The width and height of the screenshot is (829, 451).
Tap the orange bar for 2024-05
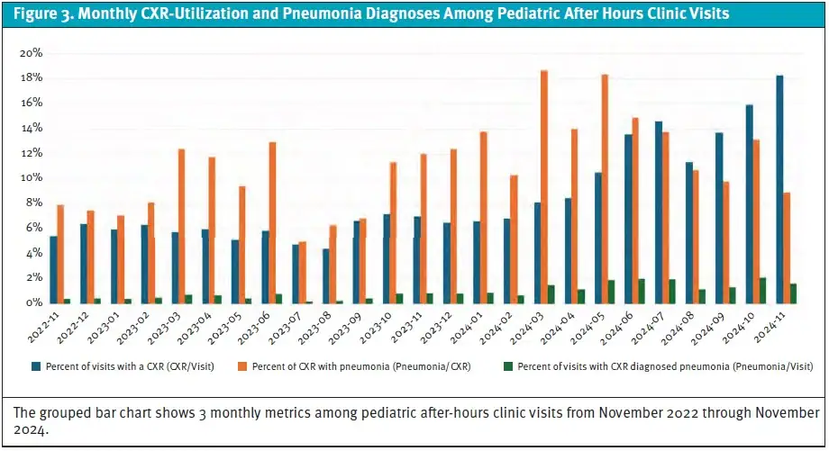coord(605,188)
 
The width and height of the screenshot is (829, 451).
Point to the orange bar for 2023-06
coord(272,222)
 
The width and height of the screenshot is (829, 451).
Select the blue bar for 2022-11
coord(53,269)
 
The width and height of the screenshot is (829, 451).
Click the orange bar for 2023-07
coord(303,272)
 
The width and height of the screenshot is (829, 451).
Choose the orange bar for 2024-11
coord(788,248)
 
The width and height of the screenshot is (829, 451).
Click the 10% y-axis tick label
coord(32,178)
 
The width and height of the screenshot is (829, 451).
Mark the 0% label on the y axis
coord(34,303)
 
